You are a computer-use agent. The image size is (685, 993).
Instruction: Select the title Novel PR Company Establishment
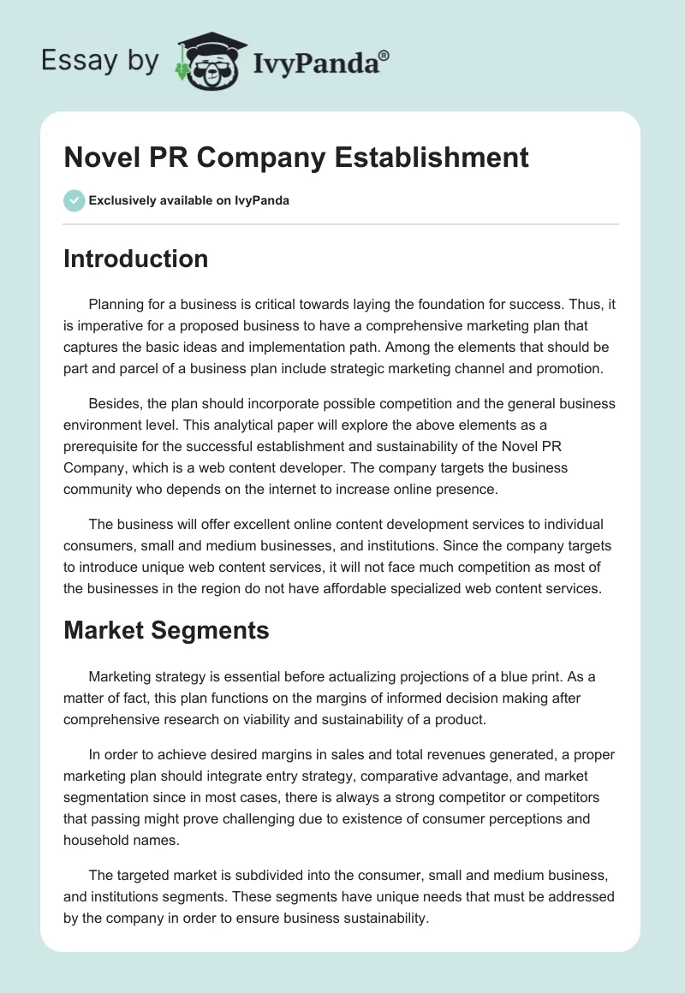[296, 158]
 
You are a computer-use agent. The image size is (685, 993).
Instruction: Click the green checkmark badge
[74, 200]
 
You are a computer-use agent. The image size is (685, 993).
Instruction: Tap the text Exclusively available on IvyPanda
[189, 201]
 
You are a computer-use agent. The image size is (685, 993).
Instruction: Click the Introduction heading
[135, 259]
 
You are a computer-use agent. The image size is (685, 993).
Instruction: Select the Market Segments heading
[166, 631]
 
